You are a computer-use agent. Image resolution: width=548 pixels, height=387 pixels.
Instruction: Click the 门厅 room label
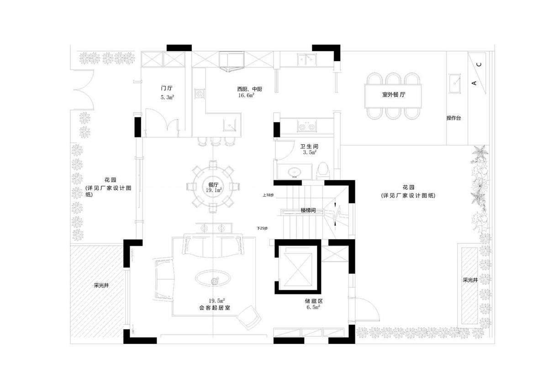point(167,88)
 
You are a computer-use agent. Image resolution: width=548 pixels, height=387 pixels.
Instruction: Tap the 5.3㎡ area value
point(167,97)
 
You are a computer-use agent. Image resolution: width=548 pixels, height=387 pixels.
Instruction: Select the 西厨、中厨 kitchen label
point(249,89)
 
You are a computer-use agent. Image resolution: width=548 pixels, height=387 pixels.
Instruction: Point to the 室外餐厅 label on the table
point(393,94)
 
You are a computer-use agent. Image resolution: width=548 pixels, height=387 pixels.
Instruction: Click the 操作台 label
point(453,118)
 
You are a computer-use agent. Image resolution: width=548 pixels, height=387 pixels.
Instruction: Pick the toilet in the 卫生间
point(323,171)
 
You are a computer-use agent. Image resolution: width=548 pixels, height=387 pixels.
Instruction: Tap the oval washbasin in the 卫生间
point(295,172)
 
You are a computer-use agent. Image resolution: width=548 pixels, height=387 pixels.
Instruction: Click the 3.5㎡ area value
point(310,152)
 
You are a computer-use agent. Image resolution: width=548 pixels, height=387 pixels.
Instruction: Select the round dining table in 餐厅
point(213,188)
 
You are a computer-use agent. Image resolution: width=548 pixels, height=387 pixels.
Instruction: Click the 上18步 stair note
point(268,195)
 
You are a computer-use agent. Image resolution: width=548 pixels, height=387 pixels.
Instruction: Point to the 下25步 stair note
point(262,228)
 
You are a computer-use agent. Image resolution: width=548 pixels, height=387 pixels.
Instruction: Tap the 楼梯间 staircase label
point(308,210)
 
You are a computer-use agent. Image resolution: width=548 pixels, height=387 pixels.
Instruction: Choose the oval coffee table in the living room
point(213,278)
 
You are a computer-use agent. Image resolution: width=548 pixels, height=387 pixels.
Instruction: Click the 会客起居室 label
point(215,308)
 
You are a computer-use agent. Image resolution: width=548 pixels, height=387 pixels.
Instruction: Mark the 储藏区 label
point(314,301)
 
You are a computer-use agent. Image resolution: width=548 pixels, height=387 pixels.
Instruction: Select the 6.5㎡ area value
point(313,307)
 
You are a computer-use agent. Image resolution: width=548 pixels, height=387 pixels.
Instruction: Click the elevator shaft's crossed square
point(298,270)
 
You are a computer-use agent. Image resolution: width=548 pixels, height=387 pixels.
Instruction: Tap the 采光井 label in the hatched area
point(101,285)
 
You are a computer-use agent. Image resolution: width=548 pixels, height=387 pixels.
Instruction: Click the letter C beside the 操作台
point(479,64)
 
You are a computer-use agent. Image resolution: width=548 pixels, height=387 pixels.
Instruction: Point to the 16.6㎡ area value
point(246,95)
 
